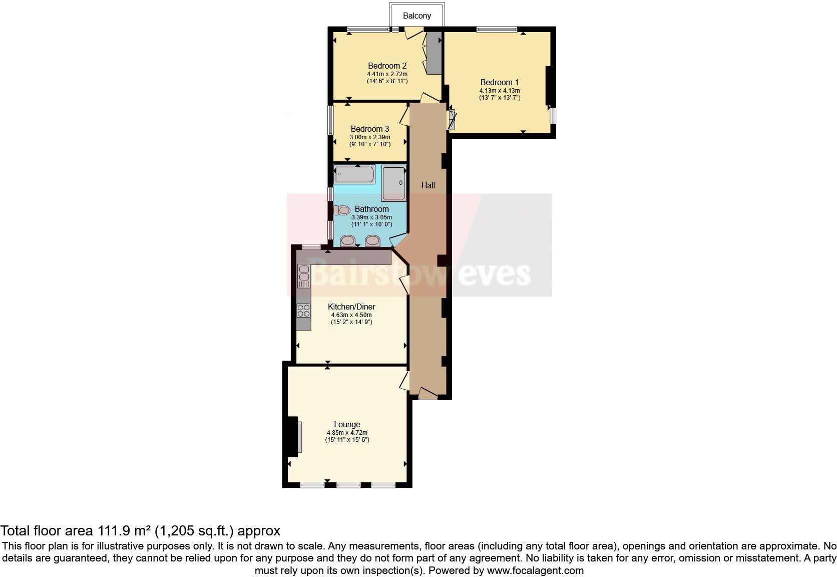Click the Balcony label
click(x=416, y=16)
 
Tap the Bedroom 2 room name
click(x=387, y=66)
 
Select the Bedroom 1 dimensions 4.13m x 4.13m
click(x=499, y=91)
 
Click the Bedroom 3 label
click(x=369, y=129)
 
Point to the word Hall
click(x=428, y=185)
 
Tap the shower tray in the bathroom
click(x=394, y=184)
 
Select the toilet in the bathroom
click(x=342, y=210)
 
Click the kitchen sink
click(x=304, y=276)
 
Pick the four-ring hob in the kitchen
click(x=303, y=311)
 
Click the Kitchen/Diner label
click(x=351, y=307)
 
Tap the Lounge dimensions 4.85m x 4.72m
click(x=347, y=433)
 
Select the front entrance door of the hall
click(x=428, y=394)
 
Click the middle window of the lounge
click(x=348, y=484)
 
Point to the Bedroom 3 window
click(x=330, y=119)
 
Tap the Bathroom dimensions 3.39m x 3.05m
click(x=371, y=217)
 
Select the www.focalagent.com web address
click(x=535, y=570)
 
